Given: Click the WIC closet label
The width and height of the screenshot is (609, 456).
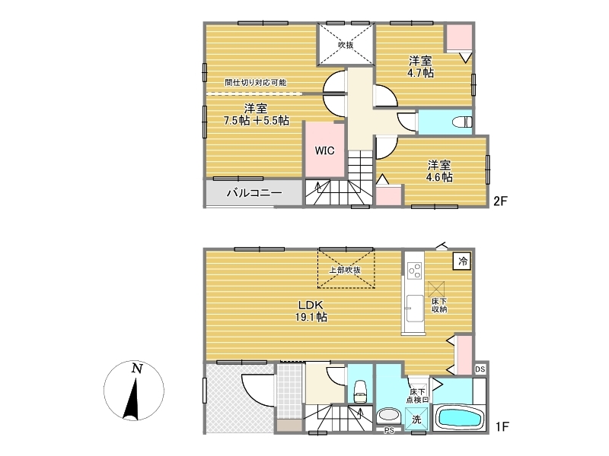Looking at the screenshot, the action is pyautogui.click(x=324, y=150).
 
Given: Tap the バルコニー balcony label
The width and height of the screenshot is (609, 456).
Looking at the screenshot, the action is pyautogui.click(x=254, y=193).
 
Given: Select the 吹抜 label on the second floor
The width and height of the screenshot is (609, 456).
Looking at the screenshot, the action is pyautogui.click(x=346, y=45).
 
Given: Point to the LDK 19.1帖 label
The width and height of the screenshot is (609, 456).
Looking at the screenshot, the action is pyautogui.click(x=311, y=311).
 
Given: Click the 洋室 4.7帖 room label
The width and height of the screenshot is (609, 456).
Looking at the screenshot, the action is pyautogui.click(x=420, y=67).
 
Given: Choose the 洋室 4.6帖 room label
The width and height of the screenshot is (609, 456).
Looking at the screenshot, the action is pyautogui.click(x=439, y=172).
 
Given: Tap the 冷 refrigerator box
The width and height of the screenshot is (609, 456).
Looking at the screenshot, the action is pyautogui.click(x=463, y=261).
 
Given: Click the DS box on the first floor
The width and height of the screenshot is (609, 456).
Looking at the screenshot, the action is pyautogui.click(x=480, y=369).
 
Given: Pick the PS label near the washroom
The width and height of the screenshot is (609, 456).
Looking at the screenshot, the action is pyautogui.click(x=389, y=430).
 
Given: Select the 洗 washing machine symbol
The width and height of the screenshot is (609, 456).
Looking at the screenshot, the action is pyautogui.click(x=416, y=420).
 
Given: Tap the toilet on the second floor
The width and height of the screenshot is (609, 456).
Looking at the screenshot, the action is pyautogui.click(x=462, y=122).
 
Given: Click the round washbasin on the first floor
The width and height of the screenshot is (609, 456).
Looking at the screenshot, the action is pyautogui.click(x=388, y=416).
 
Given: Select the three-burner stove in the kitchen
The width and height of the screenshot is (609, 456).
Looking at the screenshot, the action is pyautogui.click(x=414, y=271).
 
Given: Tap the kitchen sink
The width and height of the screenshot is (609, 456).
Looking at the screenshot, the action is pyautogui.click(x=415, y=309).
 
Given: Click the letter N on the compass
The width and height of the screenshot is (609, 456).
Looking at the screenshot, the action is pyautogui.click(x=136, y=368).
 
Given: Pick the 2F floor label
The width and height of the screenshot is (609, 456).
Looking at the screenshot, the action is pyautogui.click(x=500, y=201).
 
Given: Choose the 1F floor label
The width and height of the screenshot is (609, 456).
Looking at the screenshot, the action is pyautogui.click(x=502, y=426).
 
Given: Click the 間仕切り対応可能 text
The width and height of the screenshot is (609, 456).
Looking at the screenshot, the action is pyautogui.click(x=256, y=82).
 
